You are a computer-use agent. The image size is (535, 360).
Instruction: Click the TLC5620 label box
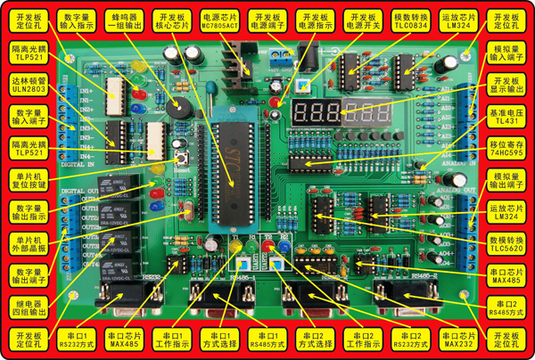505,243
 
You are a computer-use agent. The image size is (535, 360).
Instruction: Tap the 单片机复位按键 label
29,180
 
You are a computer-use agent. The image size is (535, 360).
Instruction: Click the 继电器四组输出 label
29,307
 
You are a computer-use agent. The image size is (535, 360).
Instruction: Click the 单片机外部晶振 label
29,243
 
